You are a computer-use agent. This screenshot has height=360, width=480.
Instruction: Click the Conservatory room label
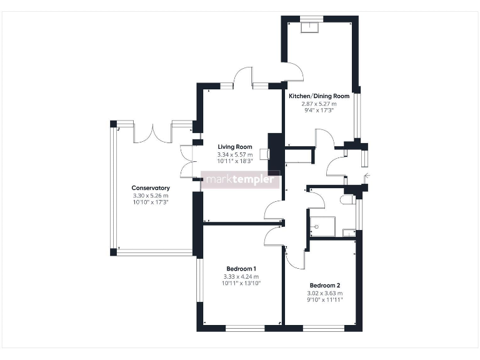point(151,188)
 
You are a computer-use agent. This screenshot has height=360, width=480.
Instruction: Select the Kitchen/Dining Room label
point(319,96)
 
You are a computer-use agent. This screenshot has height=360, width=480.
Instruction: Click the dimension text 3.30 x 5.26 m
point(151,196)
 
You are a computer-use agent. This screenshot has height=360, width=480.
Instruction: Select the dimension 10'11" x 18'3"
point(234,161)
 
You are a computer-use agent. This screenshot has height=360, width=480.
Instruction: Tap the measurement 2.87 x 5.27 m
point(319,104)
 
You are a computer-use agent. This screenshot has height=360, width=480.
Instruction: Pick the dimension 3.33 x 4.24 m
point(241,276)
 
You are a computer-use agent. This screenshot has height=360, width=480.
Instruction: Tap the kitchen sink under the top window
point(310,26)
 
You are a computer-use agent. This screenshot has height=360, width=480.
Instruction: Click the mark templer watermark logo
point(241,180)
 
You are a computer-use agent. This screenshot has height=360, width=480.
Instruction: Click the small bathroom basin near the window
point(349,233)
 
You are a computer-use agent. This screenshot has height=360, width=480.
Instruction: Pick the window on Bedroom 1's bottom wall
point(245,327)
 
